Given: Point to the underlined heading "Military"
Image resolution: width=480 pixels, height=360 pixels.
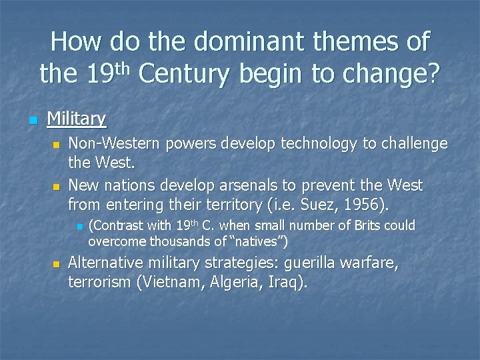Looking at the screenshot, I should (x=76, y=119).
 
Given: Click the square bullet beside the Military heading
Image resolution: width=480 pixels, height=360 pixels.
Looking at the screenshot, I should (x=31, y=120).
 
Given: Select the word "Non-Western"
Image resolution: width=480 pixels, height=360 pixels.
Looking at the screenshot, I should (x=109, y=143).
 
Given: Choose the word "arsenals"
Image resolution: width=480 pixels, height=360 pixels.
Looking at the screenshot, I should (x=267, y=185).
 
